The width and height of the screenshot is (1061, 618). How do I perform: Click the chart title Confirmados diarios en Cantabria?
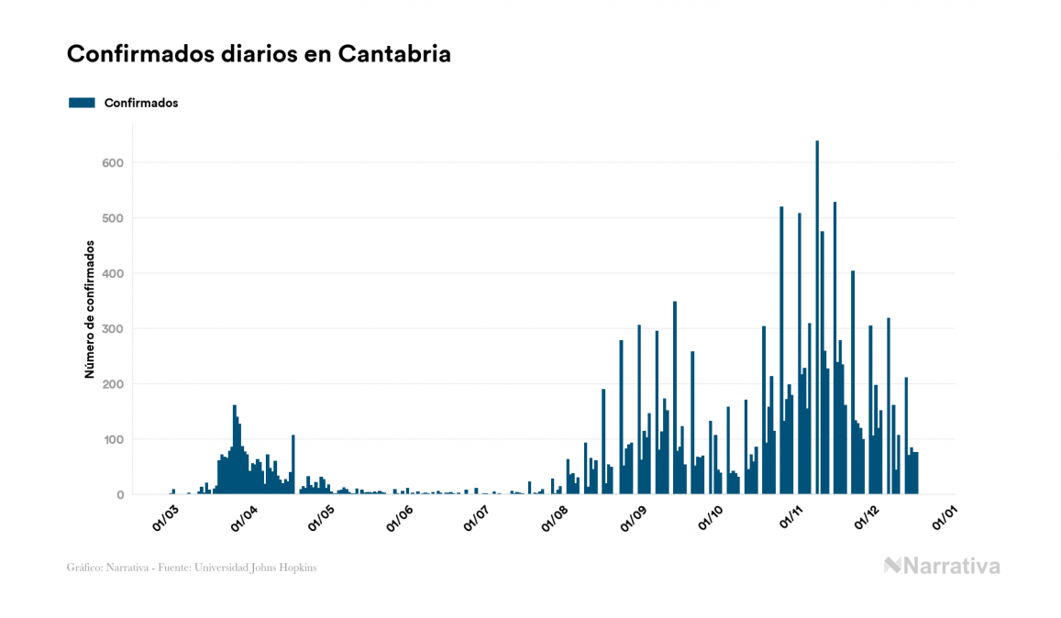259,54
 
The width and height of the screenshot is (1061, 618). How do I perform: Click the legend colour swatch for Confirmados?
82,103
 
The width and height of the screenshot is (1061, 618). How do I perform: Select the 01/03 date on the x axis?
166,518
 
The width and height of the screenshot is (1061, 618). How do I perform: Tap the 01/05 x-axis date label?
321,518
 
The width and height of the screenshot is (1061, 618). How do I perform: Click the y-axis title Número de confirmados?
90,310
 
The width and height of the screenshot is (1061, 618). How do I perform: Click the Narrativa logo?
942,566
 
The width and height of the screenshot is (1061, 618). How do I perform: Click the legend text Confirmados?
141,103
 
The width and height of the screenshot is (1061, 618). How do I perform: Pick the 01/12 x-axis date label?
868,518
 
